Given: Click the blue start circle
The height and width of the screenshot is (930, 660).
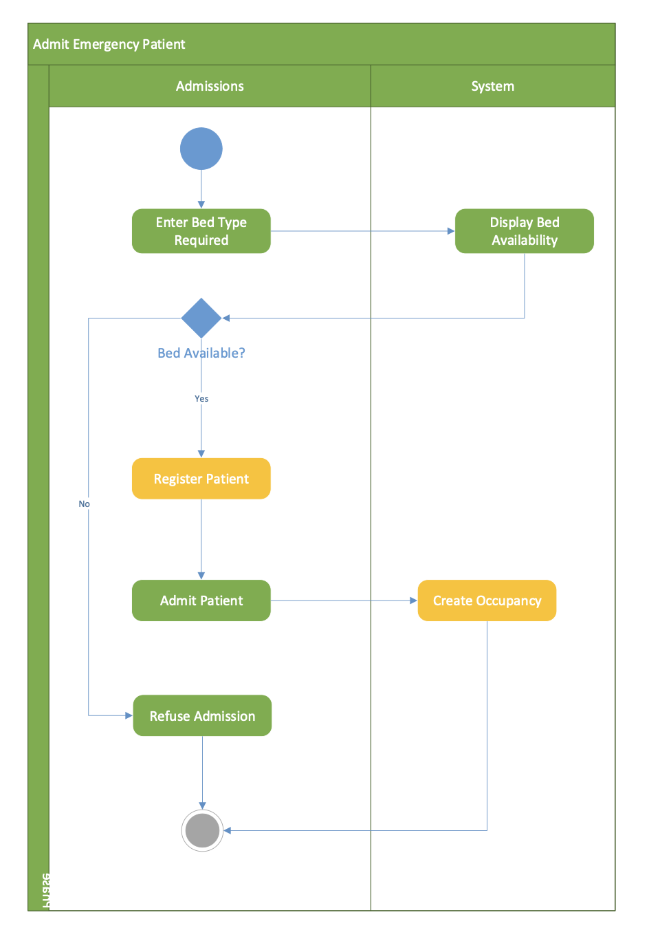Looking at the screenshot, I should pos(201,149).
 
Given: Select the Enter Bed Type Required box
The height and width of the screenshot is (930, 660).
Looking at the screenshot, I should pos(201,231).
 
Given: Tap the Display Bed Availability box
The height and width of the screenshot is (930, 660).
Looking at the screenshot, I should pos(524,231).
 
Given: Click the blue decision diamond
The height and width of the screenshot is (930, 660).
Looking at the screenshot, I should pos(201,318).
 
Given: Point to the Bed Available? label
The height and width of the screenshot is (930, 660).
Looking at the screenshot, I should pos(201,353).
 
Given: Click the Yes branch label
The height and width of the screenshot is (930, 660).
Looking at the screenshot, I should pos(201,398).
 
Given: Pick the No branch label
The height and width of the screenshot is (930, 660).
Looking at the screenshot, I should pos(84,504).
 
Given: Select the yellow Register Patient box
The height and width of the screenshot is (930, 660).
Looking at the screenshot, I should pos(201,479).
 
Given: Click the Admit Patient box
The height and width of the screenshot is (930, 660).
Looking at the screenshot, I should pos(201,601).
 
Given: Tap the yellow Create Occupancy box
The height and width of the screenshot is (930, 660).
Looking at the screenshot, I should pos(487,601).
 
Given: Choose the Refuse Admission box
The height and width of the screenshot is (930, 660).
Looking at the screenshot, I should pos(202,716).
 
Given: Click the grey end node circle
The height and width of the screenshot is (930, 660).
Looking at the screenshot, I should pos(202,830).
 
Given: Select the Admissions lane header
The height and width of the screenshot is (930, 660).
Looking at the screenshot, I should pos(210,86).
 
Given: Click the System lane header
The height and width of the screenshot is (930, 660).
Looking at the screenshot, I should pos(492,86).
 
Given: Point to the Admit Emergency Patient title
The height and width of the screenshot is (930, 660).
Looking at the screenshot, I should pos(109,44).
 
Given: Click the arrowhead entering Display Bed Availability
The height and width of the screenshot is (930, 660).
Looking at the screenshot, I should pos(451,231).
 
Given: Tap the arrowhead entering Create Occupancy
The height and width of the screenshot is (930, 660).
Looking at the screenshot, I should pos(413,601).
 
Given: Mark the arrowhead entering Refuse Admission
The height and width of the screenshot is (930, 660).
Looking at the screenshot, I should pos(129,715).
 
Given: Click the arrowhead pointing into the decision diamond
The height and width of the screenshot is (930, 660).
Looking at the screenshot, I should pos(226,318).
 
